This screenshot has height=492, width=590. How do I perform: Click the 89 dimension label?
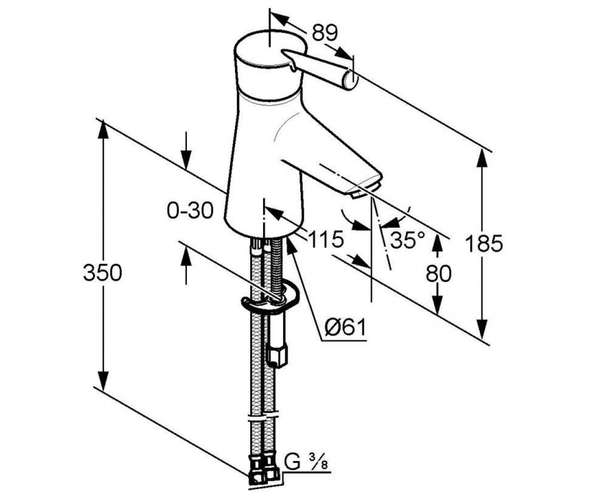tap(325, 33)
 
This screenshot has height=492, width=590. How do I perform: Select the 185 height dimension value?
tap(484, 244)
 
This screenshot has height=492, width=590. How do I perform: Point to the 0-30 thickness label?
tap(190, 211)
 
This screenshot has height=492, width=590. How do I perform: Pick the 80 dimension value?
tap(439, 274)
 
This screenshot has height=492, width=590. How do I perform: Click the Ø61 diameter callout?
tap(345, 327)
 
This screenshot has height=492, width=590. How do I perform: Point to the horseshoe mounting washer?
tap(270, 300)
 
